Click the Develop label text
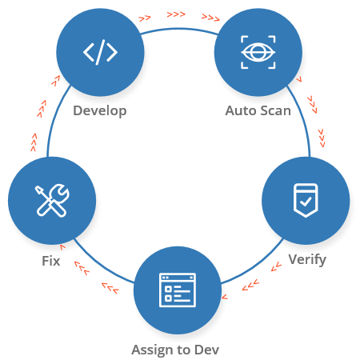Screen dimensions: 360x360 100,111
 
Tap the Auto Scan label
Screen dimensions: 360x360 258,110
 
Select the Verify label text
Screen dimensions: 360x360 307,259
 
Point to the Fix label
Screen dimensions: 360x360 51,261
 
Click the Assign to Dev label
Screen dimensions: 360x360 175,350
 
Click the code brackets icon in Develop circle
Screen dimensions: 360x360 100,52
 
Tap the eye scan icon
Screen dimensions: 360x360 258,52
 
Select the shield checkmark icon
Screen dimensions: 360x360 306,200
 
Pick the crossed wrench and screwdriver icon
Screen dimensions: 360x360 52,200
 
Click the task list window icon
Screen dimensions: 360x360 178,290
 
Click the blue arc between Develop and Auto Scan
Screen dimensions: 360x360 179,29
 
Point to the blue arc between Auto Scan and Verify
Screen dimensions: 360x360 302,119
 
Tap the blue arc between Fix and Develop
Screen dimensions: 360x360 55,119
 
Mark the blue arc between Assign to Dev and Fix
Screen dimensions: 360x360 102,265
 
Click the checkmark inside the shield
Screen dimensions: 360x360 306,202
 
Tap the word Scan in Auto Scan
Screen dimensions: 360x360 275,110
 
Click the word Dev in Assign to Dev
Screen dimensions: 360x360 207,350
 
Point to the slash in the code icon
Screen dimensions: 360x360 100,52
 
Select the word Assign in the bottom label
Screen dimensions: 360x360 151,350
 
